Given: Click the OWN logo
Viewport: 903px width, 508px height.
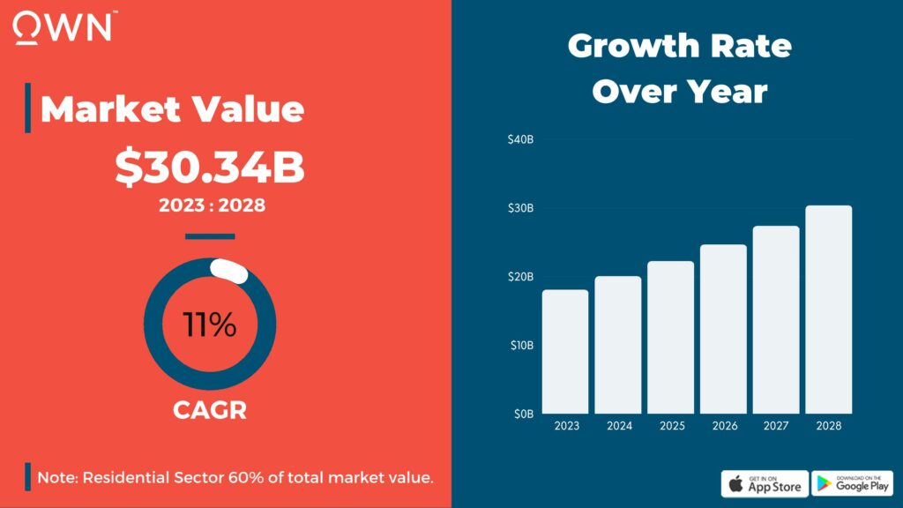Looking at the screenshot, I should click(63, 26).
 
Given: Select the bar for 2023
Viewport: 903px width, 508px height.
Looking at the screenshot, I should click(565, 351).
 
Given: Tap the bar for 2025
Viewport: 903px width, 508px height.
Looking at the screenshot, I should click(671, 337).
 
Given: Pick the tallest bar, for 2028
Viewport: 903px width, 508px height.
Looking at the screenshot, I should click(829, 309).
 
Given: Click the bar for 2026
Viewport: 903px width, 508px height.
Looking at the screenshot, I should click(724, 328).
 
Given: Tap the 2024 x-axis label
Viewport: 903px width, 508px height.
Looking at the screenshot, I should click(618, 427).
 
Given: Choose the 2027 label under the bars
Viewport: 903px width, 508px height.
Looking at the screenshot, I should click(776, 427).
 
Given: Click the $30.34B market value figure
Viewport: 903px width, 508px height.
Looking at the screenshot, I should click(210, 168).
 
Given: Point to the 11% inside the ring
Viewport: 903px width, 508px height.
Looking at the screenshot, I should click(210, 325).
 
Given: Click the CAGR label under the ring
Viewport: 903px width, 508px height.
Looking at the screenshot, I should click(209, 410).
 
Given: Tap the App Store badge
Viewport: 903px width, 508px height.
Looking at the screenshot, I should click(765, 483).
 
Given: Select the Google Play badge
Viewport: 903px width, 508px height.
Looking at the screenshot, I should click(852, 483).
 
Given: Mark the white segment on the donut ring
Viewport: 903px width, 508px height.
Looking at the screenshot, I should click(228, 271).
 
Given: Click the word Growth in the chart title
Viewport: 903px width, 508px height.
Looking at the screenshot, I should click(633, 46).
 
